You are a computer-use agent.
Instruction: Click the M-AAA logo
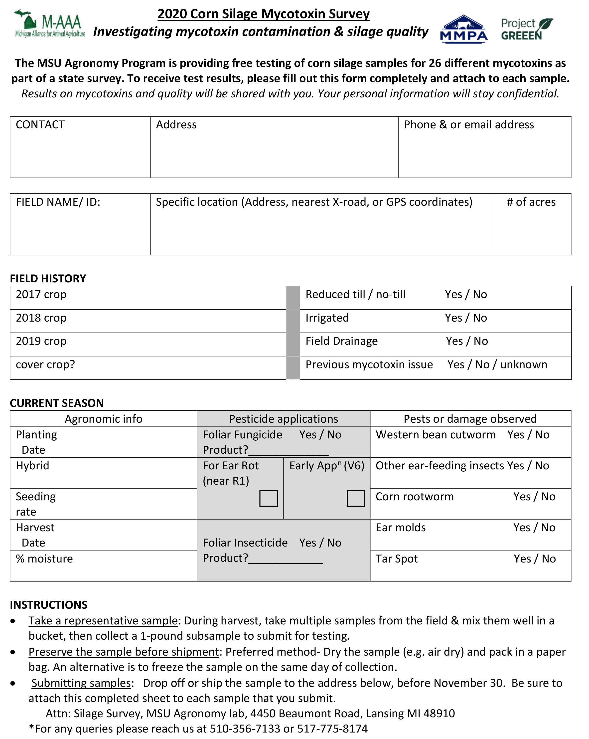coord(50,24)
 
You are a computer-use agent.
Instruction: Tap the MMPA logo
coord(464,29)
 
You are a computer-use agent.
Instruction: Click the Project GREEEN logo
coord(527,29)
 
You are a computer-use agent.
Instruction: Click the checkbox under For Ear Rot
coord(268,498)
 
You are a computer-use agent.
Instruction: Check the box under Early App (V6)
coord(355,498)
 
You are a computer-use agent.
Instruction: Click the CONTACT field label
coord(40,125)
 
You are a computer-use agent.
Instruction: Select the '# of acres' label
coord(531,202)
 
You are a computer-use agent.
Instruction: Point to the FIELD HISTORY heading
coord(48,279)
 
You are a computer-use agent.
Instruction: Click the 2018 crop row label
coord(41,318)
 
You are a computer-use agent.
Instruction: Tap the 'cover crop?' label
coord(45,365)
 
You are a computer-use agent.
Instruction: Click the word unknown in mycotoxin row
coord(524,365)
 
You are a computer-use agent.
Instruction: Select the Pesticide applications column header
coord(283,419)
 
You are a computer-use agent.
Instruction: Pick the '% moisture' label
coord(44,559)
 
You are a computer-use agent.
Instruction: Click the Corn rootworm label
coord(415,497)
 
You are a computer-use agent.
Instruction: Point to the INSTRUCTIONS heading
coord(49,605)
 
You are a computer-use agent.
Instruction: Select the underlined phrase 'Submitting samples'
coord(81,683)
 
